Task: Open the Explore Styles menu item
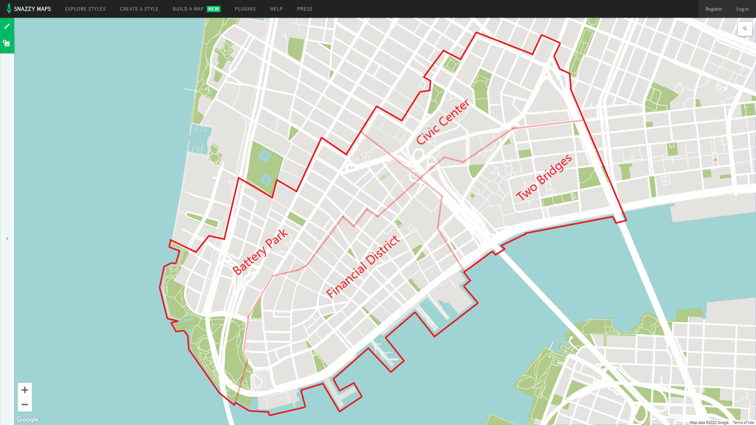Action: pyautogui.click(x=85, y=9)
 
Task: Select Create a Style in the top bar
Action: pyautogui.click(x=139, y=9)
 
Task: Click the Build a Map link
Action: pyautogui.click(x=188, y=9)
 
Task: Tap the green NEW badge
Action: pyautogui.click(x=213, y=9)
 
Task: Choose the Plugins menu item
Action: pyautogui.click(x=245, y=9)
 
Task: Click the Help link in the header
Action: pyautogui.click(x=276, y=9)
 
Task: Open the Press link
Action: pyautogui.click(x=304, y=9)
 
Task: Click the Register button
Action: pyautogui.click(x=713, y=9)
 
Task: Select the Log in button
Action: pyautogui.click(x=742, y=9)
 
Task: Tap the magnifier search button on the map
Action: pyautogui.click(x=745, y=29)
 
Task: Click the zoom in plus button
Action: pyautogui.click(x=25, y=390)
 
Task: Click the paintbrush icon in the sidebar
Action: pyautogui.click(x=7, y=26)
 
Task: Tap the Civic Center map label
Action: pyautogui.click(x=443, y=122)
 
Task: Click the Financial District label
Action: pyautogui.click(x=363, y=267)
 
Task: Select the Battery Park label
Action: pyautogui.click(x=260, y=252)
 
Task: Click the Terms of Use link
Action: pyautogui.click(x=743, y=423)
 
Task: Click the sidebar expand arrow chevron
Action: pyautogui.click(x=7, y=238)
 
